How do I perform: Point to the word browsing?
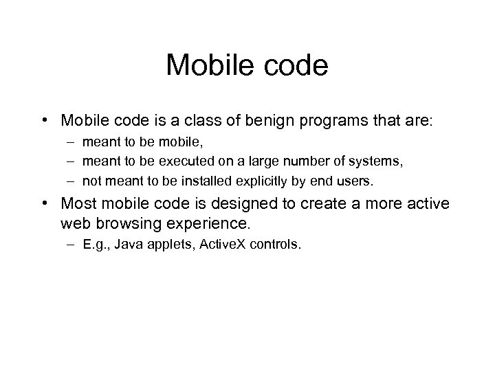pyautogui.click(x=126, y=224)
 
